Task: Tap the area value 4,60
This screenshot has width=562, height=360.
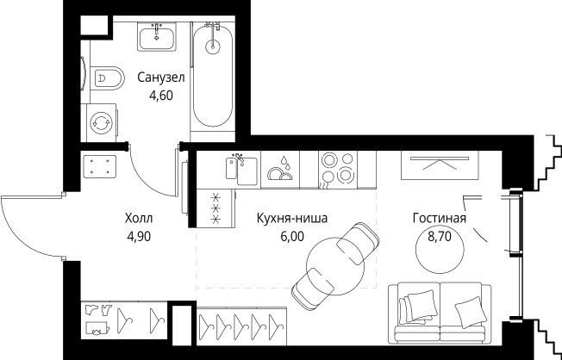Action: pyautogui.click(x=161, y=96)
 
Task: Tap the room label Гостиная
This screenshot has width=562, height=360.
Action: pyautogui.click(x=439, y=218)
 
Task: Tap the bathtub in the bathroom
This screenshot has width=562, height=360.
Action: pyautogui.click(x=212, y=78)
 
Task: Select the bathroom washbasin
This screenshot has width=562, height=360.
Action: pyautogui.click(x=156, y=35)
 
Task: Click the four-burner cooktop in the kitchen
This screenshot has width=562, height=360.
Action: pyautogui.click(x=336, y=168)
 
